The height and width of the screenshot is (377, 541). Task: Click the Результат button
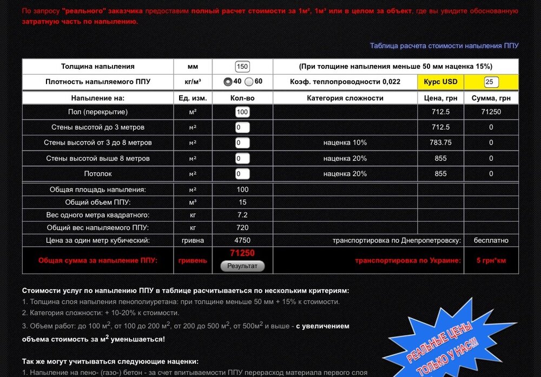pos(242,266)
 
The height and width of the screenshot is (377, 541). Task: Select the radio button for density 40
pos(228,82)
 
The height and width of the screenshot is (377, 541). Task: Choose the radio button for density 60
pos(249,82)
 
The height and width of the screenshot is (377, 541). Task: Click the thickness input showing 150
pos(242,67)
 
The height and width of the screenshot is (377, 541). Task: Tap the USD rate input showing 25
pos(491,82)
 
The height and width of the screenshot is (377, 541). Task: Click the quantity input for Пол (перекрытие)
pos(242,112)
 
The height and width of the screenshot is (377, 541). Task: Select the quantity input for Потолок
pos(242,174)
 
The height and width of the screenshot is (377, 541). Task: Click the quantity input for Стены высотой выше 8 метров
pos(242,159)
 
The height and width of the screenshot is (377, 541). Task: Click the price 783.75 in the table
pos(440,142)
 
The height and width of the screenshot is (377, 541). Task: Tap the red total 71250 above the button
pos(242,253)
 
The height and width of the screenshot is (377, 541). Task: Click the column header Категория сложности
pos(345,98)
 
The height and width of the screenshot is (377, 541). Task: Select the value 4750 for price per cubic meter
pos(242,240)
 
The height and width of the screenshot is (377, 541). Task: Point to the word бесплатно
pos(491,240)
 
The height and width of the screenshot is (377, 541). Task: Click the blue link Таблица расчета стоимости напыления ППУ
pos(444,45)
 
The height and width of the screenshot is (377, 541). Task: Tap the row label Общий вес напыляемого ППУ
pos(98,227)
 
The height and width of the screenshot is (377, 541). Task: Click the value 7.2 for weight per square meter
pos(242,215)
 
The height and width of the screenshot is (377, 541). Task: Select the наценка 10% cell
pos(345,142)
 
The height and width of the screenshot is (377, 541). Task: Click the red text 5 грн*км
pos(491,261)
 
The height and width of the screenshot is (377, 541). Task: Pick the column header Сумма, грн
pos(491,98)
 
